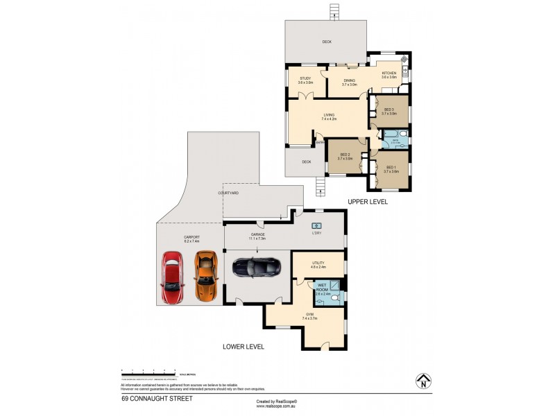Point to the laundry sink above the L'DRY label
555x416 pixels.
(318, 225)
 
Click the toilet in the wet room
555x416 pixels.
(335, 298)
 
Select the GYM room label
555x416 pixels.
(309, 314)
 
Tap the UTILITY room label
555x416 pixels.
(319, 263)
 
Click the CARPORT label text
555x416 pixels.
(192, 236)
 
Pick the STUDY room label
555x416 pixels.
(305, 78)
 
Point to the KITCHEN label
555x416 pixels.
(388, 73)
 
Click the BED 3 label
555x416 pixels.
(388, 110)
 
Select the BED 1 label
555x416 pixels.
(391, 167)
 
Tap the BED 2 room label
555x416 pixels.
(345, 155)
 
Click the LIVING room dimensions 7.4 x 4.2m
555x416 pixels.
(329, 119)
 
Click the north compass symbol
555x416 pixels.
(422, 381)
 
